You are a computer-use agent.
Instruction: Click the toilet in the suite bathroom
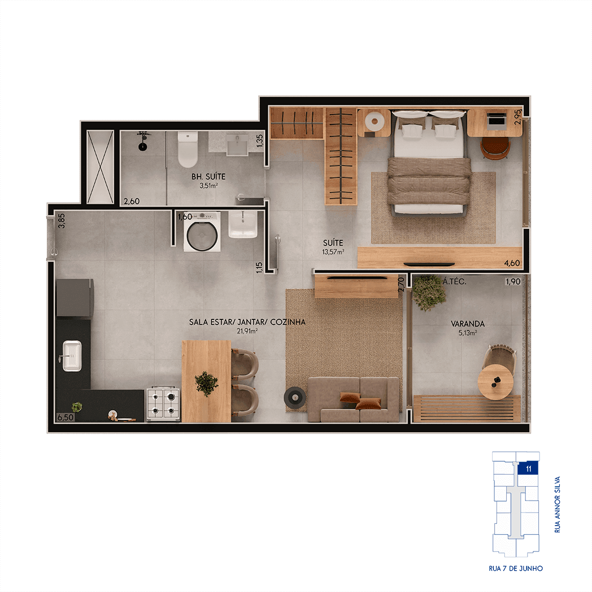tap(187, 150)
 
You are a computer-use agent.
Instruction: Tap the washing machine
tap(202, 232)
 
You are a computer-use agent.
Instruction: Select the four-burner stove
tap(164, 403)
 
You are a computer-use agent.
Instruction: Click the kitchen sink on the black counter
tap(72, 356)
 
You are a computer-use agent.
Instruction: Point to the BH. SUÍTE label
tap(208, 177)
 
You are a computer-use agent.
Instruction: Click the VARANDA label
tap(468, 324)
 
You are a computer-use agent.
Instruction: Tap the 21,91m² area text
tap(247, 331)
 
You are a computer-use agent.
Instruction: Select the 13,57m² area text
tap(333, 252)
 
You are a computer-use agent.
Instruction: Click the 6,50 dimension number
tap(65, 417)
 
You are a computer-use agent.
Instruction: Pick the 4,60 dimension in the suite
tap(512, 263)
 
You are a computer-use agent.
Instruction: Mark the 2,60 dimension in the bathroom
tap(132, 201)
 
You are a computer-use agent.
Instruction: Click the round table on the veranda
tap(495, 382)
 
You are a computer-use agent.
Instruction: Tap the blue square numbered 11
tap(528, 469)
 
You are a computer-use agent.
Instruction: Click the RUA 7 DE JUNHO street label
tap(516, 569)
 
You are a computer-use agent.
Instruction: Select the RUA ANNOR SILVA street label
tap(557, 505)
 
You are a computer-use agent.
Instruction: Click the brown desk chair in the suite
tap(496, 148)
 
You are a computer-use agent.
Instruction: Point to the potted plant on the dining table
tap(206, 384)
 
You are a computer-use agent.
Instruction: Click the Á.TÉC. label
tap(454, 281)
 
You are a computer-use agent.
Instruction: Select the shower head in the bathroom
tap(143, 141)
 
